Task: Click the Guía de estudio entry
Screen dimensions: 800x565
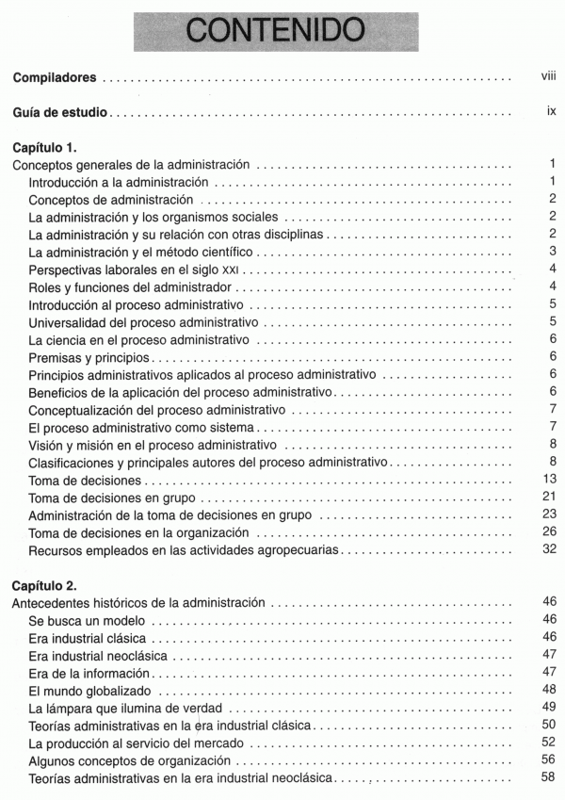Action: click(60, 114)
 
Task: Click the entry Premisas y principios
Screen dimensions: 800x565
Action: click(90, 357)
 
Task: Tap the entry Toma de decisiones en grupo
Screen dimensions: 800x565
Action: click(113, 498)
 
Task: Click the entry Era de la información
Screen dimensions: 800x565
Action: click(89, 673)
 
